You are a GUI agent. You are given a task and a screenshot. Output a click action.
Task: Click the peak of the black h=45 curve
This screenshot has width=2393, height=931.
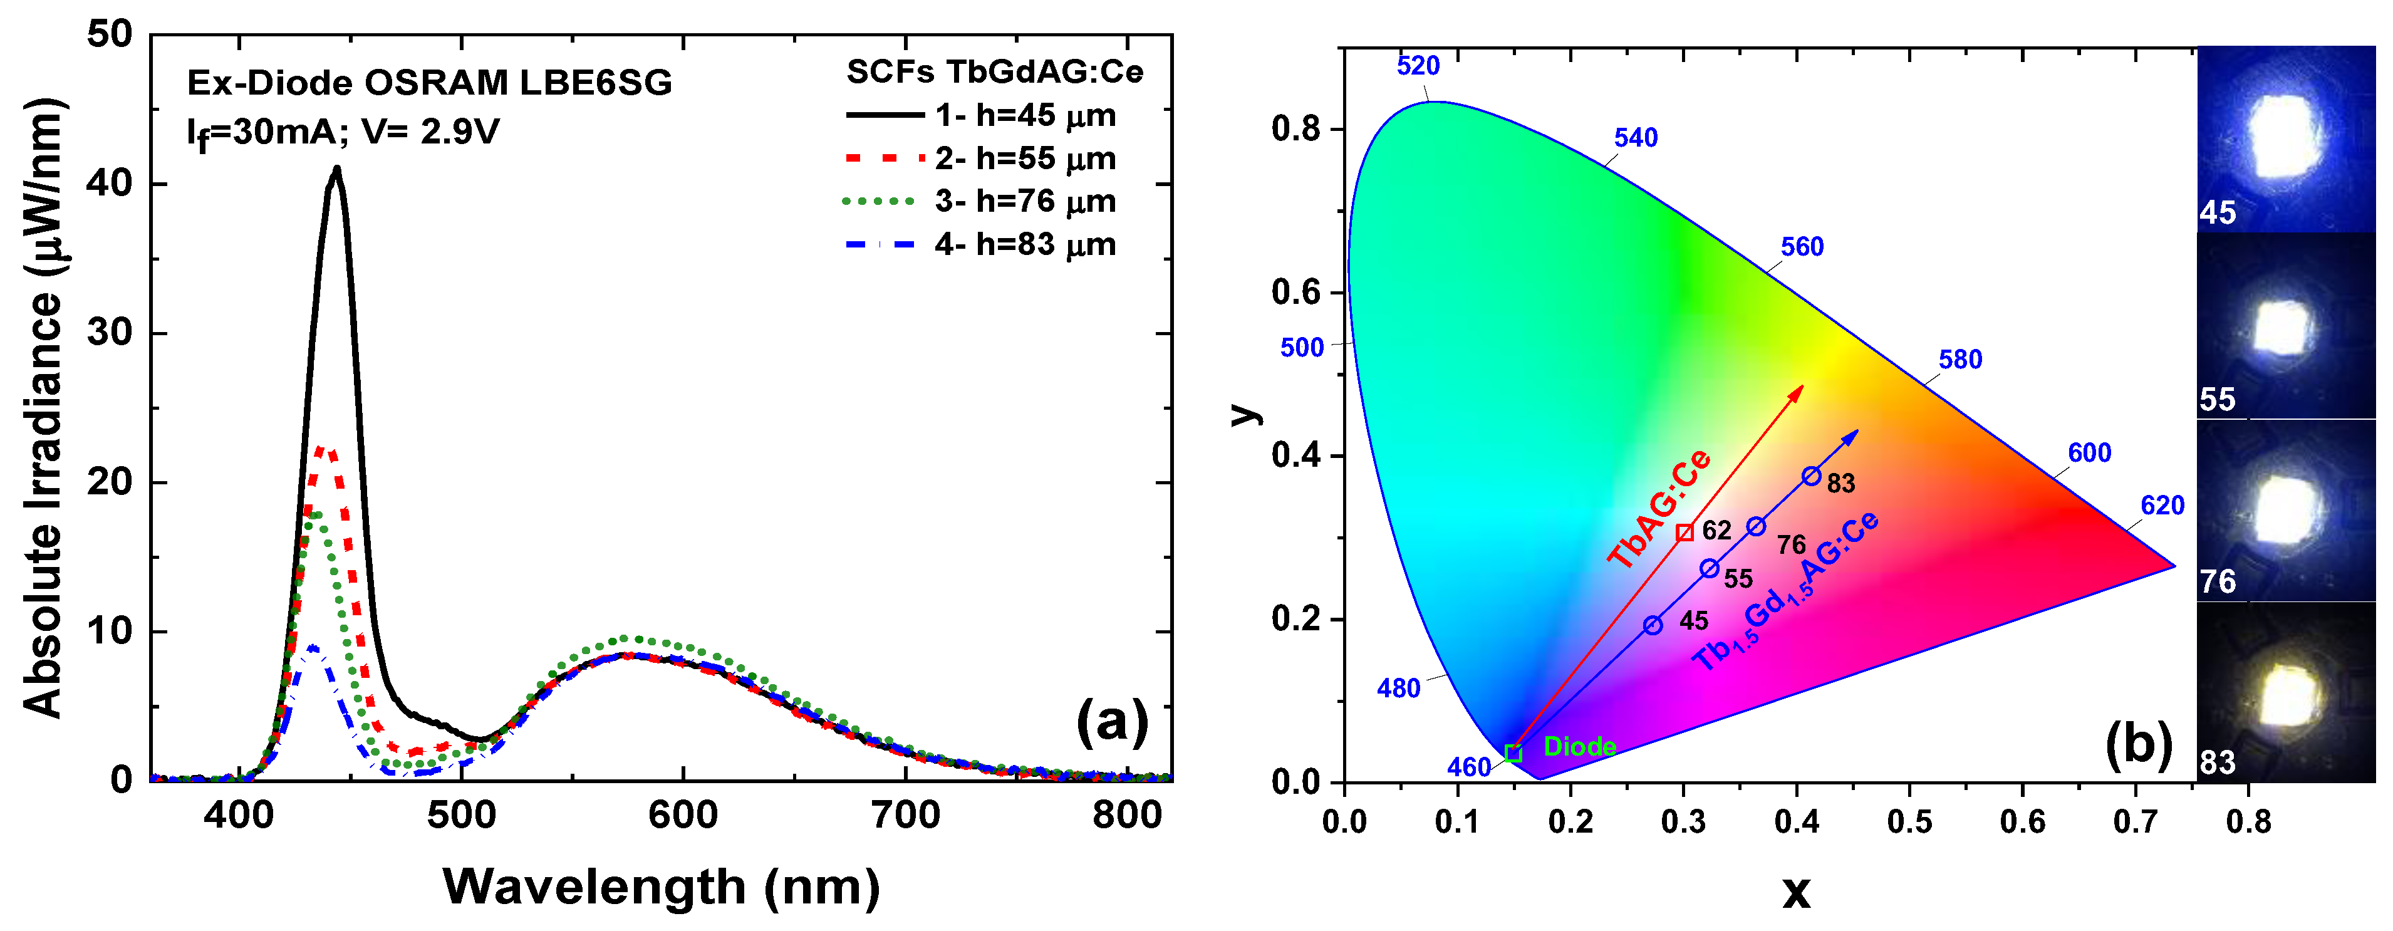(336, 169)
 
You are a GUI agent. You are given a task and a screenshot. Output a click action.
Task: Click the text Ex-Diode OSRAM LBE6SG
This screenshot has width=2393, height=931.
(429, 83)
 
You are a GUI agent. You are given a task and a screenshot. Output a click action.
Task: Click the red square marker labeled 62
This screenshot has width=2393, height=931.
(1684, 533)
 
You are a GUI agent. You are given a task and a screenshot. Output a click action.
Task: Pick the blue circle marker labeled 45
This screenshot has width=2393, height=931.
(1653, 625)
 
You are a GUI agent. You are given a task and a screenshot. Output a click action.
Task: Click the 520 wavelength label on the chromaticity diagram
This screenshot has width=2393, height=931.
(1418, 66)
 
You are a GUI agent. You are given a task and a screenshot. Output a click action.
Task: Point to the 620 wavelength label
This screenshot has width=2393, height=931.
(2162, 506)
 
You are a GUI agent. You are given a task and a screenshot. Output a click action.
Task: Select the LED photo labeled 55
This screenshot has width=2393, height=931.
(2285, 325)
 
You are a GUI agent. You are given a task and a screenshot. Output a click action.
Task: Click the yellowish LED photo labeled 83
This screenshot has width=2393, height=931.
(2285, 692)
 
